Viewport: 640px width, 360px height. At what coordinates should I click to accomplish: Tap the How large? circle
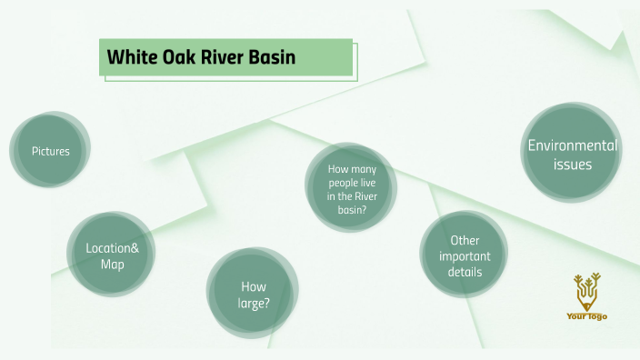pyautogui.click(x=254, y=294)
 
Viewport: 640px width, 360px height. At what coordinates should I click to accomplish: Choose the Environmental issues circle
pyautogui.click(x=572, y=154)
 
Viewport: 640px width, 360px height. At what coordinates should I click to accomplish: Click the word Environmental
pyautogui.click(x=572, y=145)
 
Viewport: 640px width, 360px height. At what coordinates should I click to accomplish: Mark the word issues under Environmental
pyautogui.click(x=572, y=165)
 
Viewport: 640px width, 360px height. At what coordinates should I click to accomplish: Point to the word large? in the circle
pyautogui.click(x=254, y=302)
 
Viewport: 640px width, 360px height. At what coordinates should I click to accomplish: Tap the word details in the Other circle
pyautogui.click(x=464, y=272)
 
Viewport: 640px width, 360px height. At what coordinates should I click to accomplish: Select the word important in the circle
pyautogui.click(x=464, y=256)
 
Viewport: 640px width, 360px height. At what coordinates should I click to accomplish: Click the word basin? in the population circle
pyautogui.click(x=351, y=209)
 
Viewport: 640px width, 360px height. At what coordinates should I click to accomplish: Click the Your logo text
pyautogui.click(x=586, y=316)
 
